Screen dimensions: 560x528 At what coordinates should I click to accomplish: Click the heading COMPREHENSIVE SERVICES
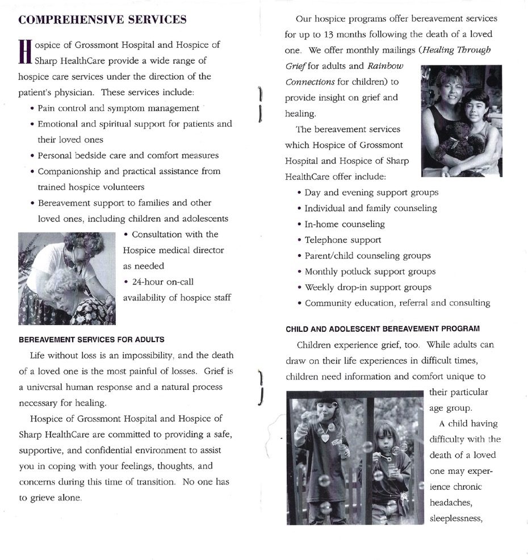pyautogui.click(x=102, y=20)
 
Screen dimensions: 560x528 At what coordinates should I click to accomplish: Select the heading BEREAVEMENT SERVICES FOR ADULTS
pyautogui.click(x=91, y=340)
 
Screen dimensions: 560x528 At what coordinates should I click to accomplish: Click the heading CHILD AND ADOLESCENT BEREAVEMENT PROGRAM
pyautogui.click(x=382, y=329)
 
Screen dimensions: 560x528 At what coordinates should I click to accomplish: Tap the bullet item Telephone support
pyautogui.click(x=342, y=240)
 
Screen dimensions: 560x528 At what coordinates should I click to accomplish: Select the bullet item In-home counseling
pyautogui.click(x=344, y=224)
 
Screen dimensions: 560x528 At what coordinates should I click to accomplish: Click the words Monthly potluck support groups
pyautogui.click(x=370, y=272)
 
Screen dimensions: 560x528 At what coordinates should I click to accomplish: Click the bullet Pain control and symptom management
pyautogui.click(x=118, y=108)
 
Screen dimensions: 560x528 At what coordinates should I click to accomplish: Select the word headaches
pyautogui.click(x=449, y=503)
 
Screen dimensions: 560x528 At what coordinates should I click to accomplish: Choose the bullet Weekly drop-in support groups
pyautogui.click(x=367, y=287)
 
